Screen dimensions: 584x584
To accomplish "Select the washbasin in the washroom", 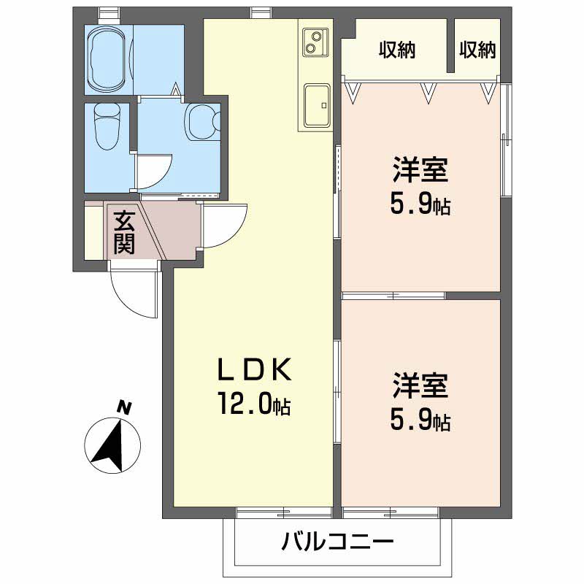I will point(202,121).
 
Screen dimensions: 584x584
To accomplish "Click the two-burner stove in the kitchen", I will point(315,41).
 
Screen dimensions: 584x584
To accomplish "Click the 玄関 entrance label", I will point(124,231).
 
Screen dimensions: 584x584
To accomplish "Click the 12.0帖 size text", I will point(252,403).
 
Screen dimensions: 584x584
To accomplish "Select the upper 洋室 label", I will point(420,172).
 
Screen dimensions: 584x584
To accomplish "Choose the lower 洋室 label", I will point(420,385).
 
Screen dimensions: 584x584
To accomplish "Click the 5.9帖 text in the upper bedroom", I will point(420,205).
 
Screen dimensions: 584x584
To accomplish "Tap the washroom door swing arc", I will point(155,172).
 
